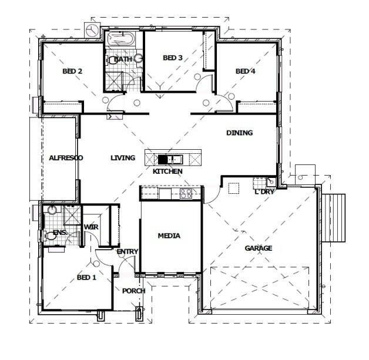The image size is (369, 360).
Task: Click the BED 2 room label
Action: point(72,71)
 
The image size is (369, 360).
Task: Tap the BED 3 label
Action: point(173,58)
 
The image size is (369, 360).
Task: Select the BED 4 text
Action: point(246,71)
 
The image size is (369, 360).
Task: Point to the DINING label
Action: point(239,133)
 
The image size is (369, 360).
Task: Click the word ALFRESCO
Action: point(66,158)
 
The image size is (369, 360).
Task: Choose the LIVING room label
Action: point(123,158)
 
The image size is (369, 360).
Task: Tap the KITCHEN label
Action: point(167,171)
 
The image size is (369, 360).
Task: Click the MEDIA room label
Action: point(169,235)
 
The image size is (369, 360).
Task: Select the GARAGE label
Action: point(259,248)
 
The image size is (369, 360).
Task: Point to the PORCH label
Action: point(133,291)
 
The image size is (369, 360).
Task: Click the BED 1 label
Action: point(86,277)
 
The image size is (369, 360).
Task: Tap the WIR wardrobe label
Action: point(91,227)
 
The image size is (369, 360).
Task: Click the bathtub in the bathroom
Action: point(121,38)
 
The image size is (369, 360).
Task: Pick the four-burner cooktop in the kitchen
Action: point(186,194)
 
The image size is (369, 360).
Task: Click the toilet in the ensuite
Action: point(49,235)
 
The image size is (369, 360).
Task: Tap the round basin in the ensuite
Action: point(52,210)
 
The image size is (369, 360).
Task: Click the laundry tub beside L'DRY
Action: point(271,181)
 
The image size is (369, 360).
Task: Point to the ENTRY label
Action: point(128,251)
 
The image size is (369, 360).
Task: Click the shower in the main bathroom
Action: point(114,80)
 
